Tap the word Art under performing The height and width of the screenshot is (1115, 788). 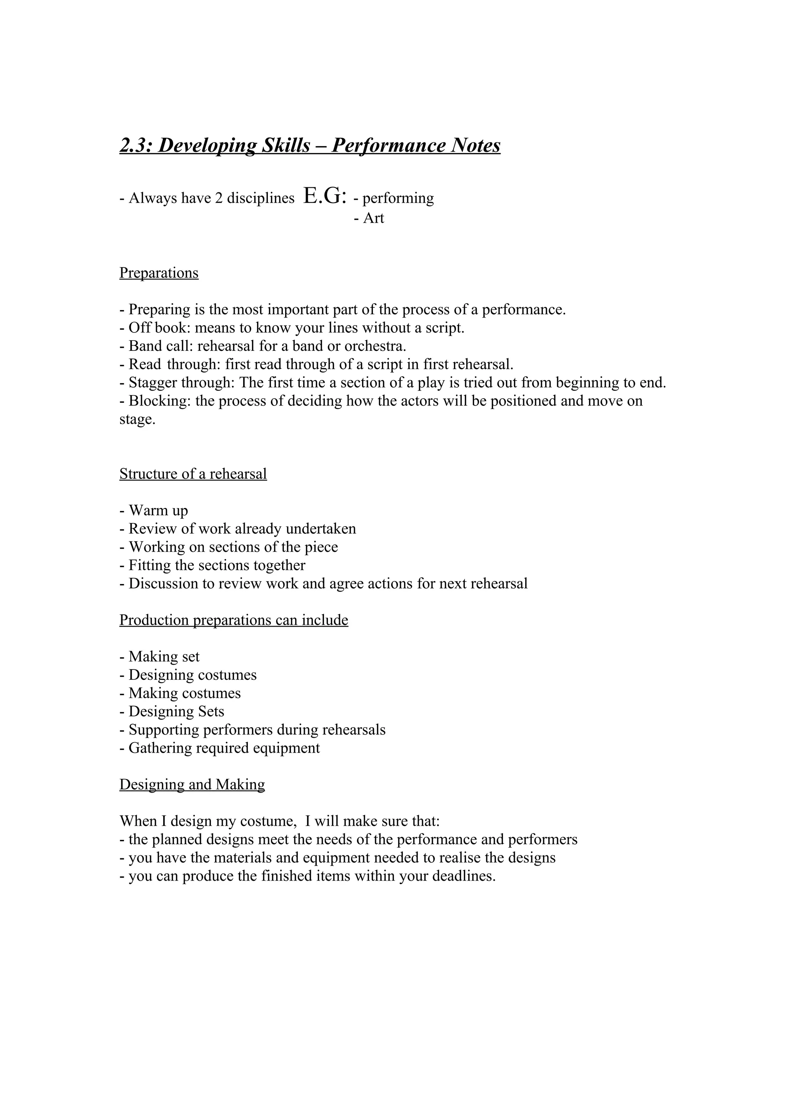point(373,218)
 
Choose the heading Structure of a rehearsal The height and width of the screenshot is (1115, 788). point(193,474)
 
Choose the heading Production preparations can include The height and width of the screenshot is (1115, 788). point(234,620)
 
